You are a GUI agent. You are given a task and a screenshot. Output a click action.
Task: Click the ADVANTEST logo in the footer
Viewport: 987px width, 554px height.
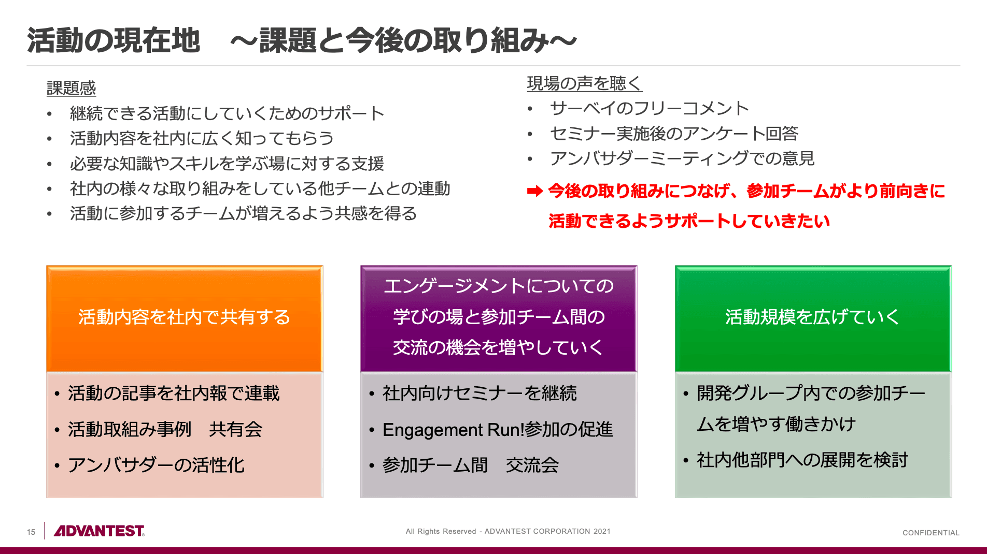[x=99, y=531]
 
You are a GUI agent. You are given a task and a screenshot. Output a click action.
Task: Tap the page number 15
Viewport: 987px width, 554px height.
[x=31, y=532]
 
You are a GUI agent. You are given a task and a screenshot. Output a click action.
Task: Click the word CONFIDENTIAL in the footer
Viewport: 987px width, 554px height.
[x=930, y=533]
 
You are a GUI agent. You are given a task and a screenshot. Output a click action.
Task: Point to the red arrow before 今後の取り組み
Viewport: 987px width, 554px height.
[x=534, y=192]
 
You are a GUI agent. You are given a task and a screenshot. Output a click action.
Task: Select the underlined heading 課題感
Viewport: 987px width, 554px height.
[x=71, y=89]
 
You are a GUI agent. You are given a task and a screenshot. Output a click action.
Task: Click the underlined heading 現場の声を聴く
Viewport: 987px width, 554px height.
[x=584, y=83]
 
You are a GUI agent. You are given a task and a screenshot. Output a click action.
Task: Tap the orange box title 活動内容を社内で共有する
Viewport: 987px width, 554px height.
[x=184, y=317]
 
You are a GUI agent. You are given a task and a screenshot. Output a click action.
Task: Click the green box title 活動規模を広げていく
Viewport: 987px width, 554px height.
[x=812, y=317]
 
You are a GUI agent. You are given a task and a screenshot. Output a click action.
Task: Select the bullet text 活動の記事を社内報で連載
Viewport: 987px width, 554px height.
[x=174, y=393]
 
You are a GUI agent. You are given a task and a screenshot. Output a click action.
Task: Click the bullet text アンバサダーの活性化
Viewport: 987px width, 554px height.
[x=156, y=465]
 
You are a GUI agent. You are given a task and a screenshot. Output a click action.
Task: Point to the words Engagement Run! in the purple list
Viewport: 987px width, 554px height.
[x=453, y=430]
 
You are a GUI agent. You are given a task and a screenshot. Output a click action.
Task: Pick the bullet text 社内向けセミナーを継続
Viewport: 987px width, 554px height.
[x=480, y=393]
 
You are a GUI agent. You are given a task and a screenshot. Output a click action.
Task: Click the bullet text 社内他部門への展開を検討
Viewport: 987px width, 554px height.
[x=802, y=460]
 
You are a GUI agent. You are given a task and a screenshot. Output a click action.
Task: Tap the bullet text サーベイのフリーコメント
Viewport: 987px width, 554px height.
[x=650, y=108]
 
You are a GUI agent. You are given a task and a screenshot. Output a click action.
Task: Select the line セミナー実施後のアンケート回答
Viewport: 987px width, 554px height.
[x=674, y=134]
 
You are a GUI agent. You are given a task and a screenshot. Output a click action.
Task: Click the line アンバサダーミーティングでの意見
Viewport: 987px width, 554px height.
[x=682, y=158]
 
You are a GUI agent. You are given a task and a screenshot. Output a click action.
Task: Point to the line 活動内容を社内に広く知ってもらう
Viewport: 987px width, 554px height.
[x=202, y=138]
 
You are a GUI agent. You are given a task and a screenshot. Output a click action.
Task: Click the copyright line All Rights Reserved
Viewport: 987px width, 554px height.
[x=507, y=531]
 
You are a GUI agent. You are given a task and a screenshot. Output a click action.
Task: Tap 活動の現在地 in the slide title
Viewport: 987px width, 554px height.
[x=114, y=40]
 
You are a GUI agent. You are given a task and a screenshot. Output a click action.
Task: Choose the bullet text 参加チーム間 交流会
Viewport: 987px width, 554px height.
[x=470, y=465]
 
